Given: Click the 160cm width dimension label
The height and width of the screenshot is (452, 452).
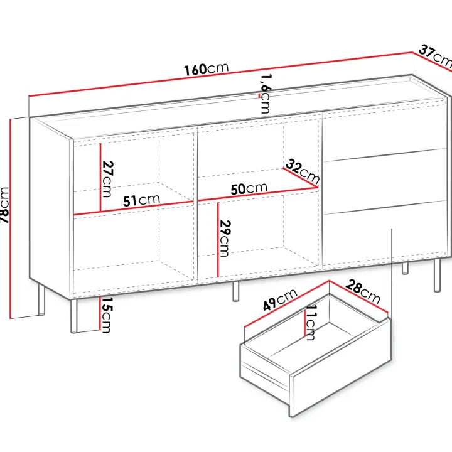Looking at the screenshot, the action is click(x=207, y=69).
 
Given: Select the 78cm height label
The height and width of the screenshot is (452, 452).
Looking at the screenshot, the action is click(x=4, y=205).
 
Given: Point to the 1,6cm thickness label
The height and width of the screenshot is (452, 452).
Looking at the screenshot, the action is click(x=266, y=94).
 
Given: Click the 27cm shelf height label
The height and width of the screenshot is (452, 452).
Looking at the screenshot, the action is click(x=108, y=179).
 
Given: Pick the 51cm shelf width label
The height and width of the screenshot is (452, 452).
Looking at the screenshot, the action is click(x=141, y=200).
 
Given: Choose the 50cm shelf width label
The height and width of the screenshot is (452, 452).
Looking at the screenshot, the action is click(x=249, y=188).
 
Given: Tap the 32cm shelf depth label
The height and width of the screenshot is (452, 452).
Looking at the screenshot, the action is click(x=303, y=171).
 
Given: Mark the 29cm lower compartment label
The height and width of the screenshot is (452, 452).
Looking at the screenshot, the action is click(x=225, y=238).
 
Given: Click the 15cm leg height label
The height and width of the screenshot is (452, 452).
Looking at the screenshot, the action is click(x=107, y=315).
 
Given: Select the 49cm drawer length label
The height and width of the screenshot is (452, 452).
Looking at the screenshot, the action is click(x=280, y=300).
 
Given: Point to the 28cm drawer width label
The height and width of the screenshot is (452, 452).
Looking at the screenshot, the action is click(x=363, y=291).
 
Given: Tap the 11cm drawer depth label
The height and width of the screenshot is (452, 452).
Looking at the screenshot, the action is click(x=310, y=323).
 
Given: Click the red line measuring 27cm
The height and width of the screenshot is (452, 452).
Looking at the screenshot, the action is click(x=100, y=178).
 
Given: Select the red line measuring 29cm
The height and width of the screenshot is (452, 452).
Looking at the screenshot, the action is click(x=218, y=240).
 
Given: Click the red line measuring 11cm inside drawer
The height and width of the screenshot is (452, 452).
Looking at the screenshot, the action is click(x=304, y=323).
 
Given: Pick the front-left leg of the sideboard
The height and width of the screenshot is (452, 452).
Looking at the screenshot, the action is click(x=74, y=316).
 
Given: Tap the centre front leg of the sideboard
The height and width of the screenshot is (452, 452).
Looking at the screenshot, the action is click(x=236, y=291).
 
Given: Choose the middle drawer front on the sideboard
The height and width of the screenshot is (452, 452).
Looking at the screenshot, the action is click(x=385, y=181).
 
